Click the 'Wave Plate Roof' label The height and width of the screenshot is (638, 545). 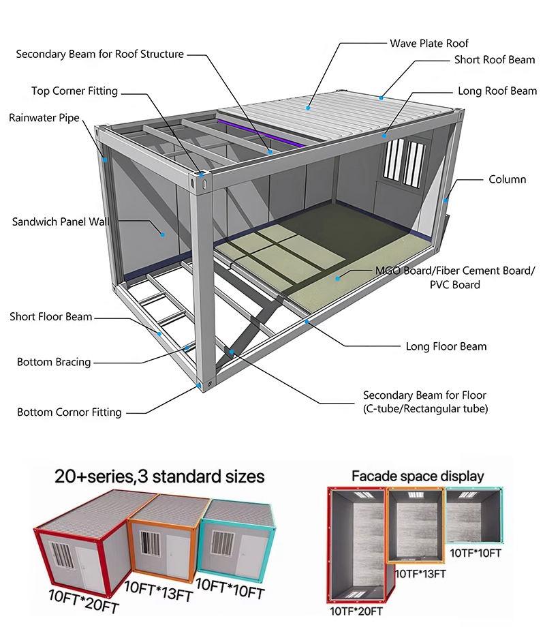429,43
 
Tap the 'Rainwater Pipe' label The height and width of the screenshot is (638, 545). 44,118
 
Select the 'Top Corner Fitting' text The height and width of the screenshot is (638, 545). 74,91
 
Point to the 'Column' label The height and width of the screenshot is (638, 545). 507,179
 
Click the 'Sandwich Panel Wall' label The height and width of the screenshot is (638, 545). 61,222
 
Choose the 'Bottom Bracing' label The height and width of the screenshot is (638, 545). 54,362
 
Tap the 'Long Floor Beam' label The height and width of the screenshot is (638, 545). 446,346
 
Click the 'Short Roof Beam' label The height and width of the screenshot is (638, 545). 495,60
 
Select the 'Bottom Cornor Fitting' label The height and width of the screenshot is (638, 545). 69,412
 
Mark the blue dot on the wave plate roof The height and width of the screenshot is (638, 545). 309,108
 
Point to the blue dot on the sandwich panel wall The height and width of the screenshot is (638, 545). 163,234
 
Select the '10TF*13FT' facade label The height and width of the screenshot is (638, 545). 420,574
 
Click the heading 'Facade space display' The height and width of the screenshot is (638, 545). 417,476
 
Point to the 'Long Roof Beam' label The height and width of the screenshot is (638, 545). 497,91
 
